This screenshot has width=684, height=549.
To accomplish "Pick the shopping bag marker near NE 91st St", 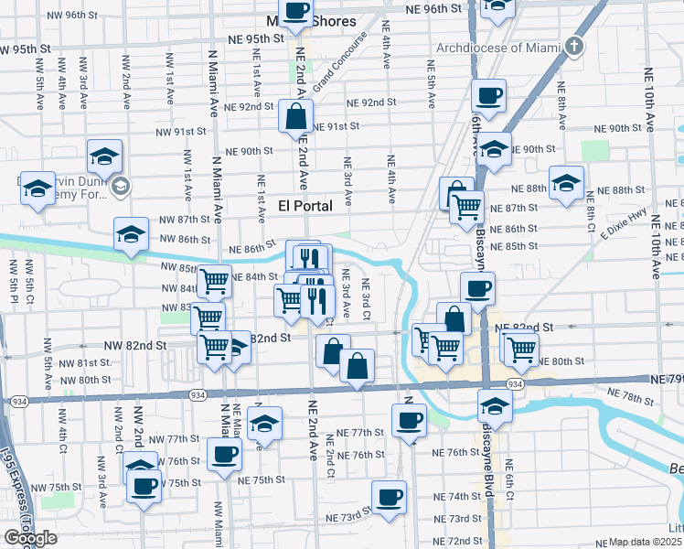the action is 296,117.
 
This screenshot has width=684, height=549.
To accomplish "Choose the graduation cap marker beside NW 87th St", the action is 131,234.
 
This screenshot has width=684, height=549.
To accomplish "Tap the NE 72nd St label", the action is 457,541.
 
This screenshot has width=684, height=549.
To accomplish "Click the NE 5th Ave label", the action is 430,78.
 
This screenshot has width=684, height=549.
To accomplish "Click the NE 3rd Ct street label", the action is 365,298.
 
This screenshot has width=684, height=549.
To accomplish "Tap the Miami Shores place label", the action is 312,21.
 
